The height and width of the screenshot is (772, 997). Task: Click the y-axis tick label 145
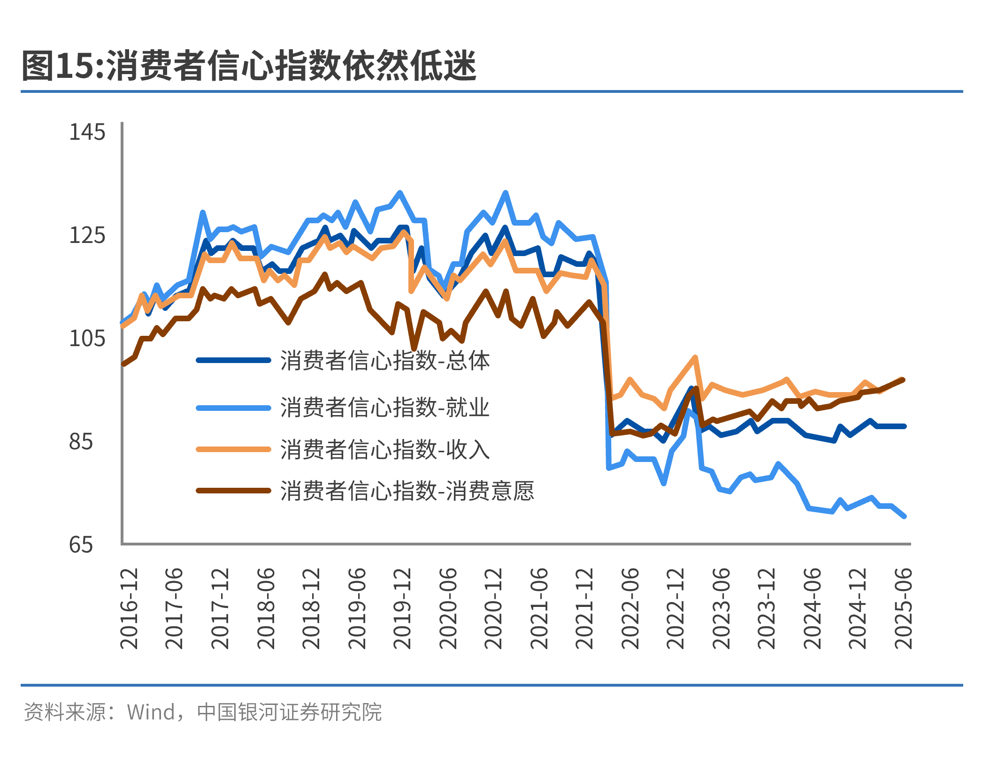coord(87,132)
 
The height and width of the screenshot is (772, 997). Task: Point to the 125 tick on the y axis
coord(87,235)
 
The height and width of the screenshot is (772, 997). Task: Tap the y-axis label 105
coord(87,338)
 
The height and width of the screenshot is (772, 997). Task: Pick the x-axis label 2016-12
coord(129,608)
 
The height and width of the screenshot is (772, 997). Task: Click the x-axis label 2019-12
coord(402,608)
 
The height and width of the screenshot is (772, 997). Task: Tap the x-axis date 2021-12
coord(584,608)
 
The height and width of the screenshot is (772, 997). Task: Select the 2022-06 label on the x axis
coord(630,608)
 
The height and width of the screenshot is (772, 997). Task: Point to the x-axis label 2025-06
coord(903,608)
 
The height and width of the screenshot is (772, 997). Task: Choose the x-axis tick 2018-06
coord(266,608)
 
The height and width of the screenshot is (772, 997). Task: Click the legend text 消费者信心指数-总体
coord(385,361)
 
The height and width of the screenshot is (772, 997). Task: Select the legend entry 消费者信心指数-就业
coord(385,407)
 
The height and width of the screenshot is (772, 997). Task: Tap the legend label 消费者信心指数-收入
coord(385,449)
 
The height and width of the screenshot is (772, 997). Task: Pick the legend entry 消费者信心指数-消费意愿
coord(407,491)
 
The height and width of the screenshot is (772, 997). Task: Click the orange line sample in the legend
coord(233,449)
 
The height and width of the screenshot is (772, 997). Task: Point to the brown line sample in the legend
coord(233,491)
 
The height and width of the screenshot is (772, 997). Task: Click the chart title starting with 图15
coord(249,66)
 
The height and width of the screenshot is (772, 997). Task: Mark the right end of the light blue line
coord(904,516)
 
